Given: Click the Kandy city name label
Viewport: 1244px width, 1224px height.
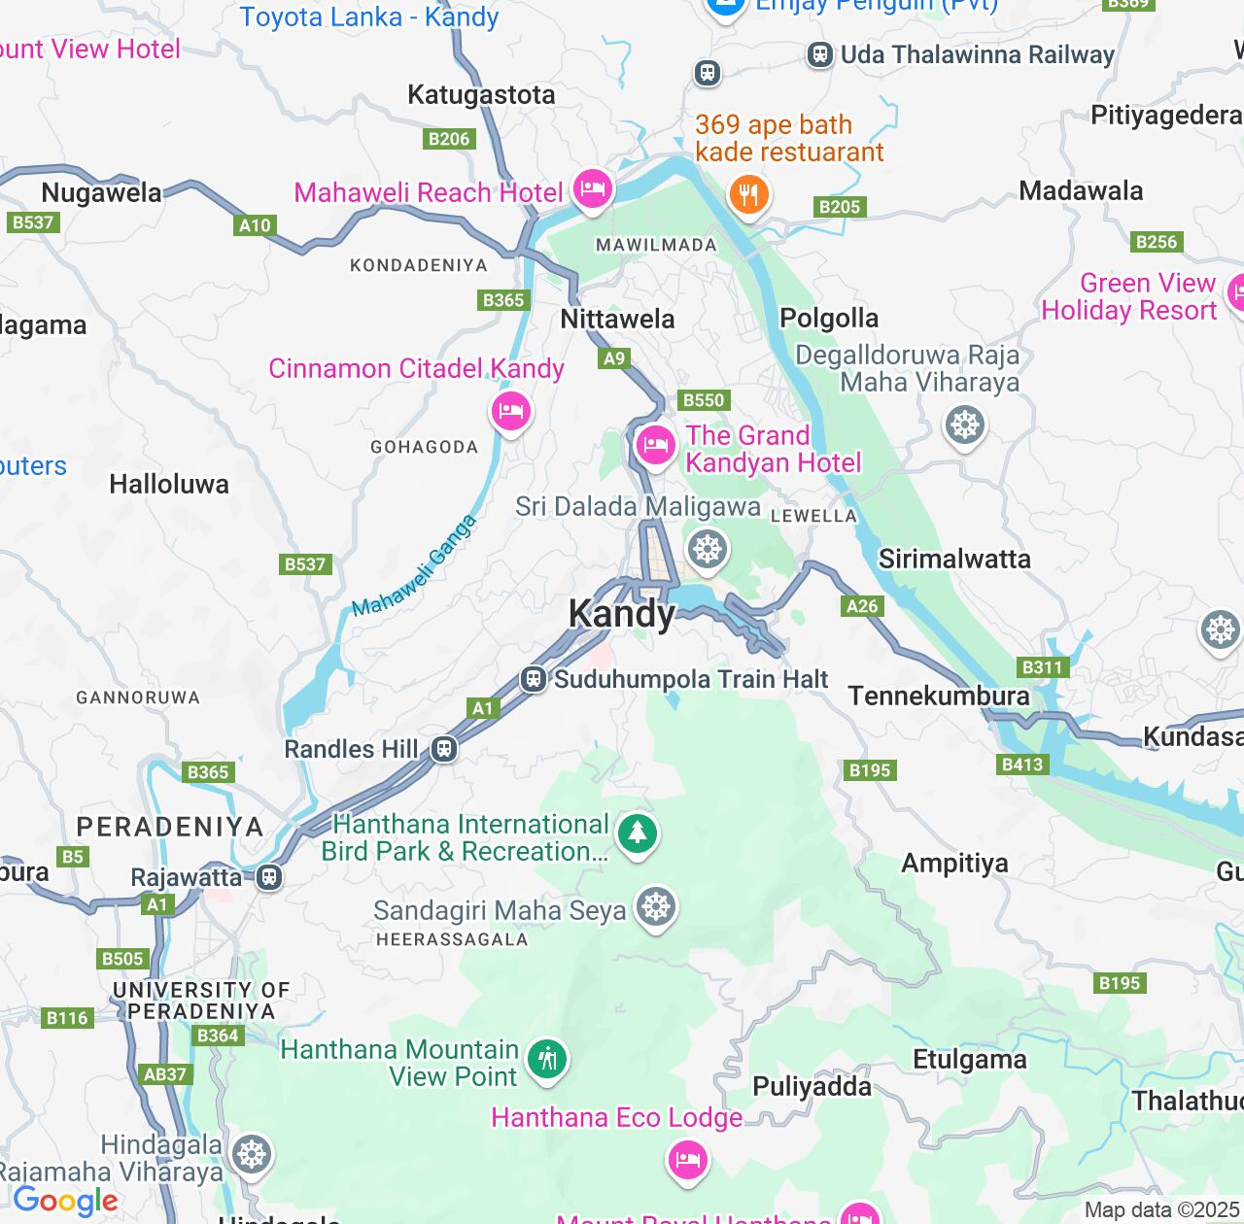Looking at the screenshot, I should click(x=621, y=614).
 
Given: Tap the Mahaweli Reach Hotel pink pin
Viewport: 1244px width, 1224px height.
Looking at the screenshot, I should click(x=592, y=188).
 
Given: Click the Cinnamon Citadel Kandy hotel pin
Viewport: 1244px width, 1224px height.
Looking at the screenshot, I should click(x=510, y=411).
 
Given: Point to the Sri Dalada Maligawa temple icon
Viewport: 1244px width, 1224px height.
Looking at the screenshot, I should click(x=708, y=549).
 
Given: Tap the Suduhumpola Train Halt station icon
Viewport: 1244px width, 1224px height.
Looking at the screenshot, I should click(x=533, y=679).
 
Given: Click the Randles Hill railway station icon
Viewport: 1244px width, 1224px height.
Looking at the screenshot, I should click(x=444, y=749).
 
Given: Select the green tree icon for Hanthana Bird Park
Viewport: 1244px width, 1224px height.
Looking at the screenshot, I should click(x=637, y=833).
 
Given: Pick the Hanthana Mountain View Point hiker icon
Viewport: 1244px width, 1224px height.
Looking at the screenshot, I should click(x=547, y=1058).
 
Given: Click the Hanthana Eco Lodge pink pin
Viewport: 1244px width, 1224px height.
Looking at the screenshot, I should click(x=687, y=1159).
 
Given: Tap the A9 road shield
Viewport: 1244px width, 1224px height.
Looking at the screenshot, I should click(x=614, y=358).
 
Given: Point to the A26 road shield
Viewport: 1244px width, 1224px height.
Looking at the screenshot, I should click(x=862, y=606).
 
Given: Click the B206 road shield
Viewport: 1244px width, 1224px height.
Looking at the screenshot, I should click(x=449, y=139).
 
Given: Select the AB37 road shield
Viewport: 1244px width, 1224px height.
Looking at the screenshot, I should click(x=164, y=1074).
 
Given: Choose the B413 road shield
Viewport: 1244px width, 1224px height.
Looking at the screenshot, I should click(x=1022, y=765).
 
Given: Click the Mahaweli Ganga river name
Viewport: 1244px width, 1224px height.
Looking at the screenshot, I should click(x=415, y=566).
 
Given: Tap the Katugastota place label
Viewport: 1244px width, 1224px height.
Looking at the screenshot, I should click(x=481, y=95).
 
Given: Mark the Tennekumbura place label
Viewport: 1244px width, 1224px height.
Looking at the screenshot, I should click(x=938, y=696).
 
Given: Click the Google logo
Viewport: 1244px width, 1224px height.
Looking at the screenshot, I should click(x=65, y=1202).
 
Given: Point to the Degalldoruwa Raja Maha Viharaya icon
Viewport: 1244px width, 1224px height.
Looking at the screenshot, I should click(x=964, y=425).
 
